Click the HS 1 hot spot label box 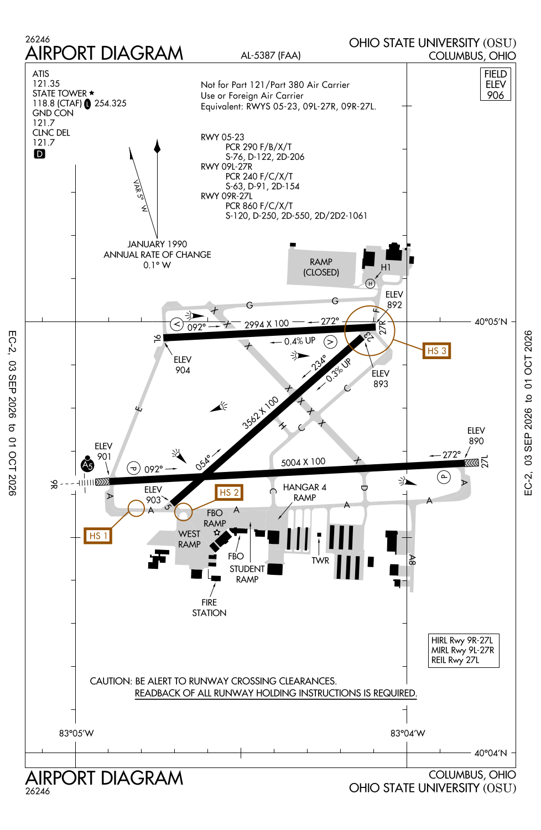tap(98, 536)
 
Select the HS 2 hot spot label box tap(229, 492)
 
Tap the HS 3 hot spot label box tap(436, 350)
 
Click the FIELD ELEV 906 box tap(495, 84)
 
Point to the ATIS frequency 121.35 tap(46, 84)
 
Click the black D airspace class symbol tap(39, 154)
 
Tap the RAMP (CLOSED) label tap(321, 267)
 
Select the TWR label tap(320, 560)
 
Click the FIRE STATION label tap(209, 608)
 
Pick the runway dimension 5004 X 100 tap(303, 462)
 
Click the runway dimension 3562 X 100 tap(260, 412)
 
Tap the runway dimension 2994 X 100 tap(267, 324)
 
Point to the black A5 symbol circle tap(87, 465)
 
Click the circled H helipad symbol tap(370, 283)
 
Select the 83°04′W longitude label tap(408, 733)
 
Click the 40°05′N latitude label tap(491, 321)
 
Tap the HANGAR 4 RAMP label tap(305, 492)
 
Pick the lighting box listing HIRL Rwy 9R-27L tap(463, 650)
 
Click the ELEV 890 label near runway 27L tap(476, 435)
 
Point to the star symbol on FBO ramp tap(217, 532)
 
